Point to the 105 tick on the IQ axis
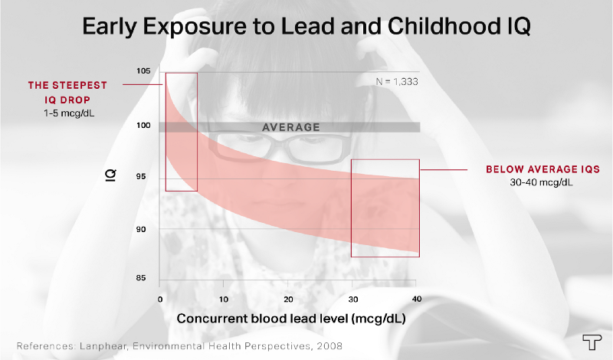point(143,72)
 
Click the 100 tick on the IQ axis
point(143,126)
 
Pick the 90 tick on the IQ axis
point(143,229)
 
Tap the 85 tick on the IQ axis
point(143,279)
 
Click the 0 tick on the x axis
point(159,297)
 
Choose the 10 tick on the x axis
point(224,297)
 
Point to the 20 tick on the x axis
point(288,297)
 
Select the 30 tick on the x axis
point(352,297)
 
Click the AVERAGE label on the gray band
point(290,127)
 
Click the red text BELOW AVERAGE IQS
point(533,169)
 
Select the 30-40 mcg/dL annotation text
point(532,182)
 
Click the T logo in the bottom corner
point(590,343)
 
